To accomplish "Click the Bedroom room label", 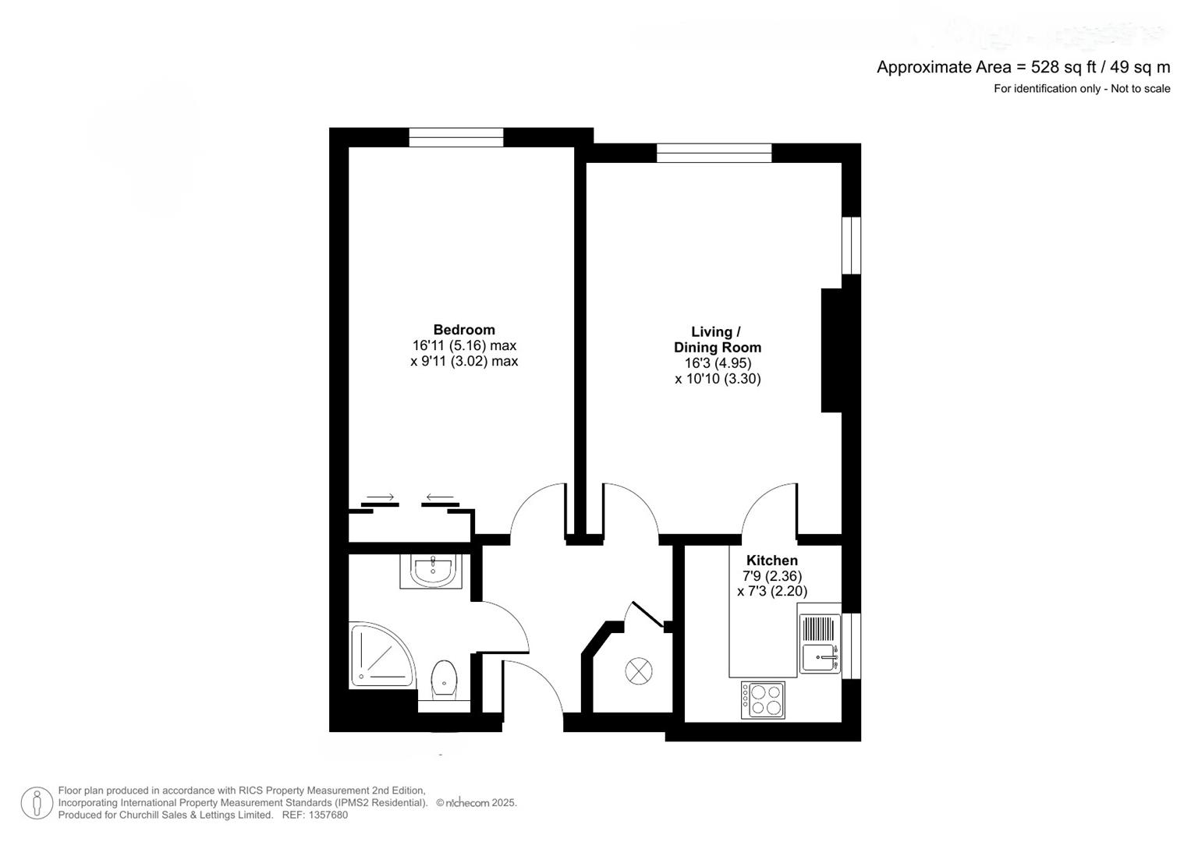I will pos(464,330).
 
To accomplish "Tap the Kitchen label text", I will pos(771,561).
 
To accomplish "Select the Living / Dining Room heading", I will pos(717,340).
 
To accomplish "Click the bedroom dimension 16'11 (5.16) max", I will pos(464,345).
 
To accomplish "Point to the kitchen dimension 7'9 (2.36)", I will pos(771,576).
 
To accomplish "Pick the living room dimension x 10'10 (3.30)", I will pos(717,379).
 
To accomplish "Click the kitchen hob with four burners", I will pos(763,699).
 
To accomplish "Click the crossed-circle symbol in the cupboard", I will pos(638,670).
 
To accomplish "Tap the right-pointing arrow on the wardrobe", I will pos(380,497).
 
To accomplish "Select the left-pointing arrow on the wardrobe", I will pos(440,497).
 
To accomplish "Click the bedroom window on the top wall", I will pos(456,137).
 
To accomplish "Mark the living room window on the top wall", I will pos(714,153).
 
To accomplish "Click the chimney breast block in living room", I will pos(831,350).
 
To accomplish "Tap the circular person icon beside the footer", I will pos(36,803).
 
